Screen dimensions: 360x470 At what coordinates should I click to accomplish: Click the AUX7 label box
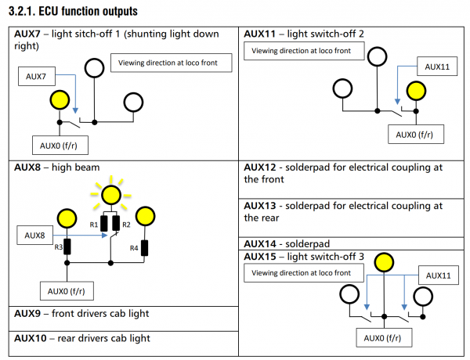(38, 77)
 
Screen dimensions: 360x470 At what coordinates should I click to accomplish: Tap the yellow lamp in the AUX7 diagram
(59, 100)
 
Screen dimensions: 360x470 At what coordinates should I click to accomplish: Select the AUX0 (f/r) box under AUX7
(60, 145)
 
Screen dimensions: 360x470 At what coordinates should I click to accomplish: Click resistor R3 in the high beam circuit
(68, 247)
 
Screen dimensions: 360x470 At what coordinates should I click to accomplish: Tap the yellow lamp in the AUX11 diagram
(414, 90)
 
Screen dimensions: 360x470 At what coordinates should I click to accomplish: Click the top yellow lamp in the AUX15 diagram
(383, 261)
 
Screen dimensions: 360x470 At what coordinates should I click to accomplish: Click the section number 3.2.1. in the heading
(27, 12)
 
